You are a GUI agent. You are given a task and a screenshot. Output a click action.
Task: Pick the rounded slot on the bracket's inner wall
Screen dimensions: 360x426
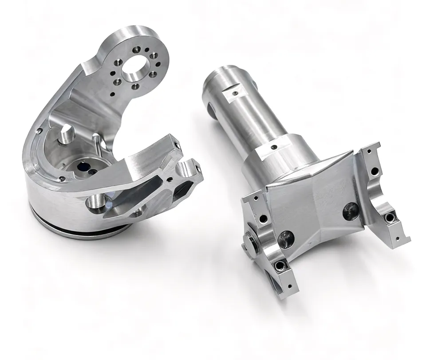pos(67,133)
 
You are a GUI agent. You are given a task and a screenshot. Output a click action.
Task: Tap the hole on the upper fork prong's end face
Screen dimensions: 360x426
pos(177,145)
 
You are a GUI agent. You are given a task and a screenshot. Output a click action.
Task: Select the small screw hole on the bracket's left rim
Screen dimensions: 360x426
pos(39,131)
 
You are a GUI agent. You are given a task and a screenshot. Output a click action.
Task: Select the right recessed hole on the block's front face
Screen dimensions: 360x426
pos(351,211)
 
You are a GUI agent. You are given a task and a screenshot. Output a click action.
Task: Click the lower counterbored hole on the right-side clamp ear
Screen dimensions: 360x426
pos(390,217)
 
